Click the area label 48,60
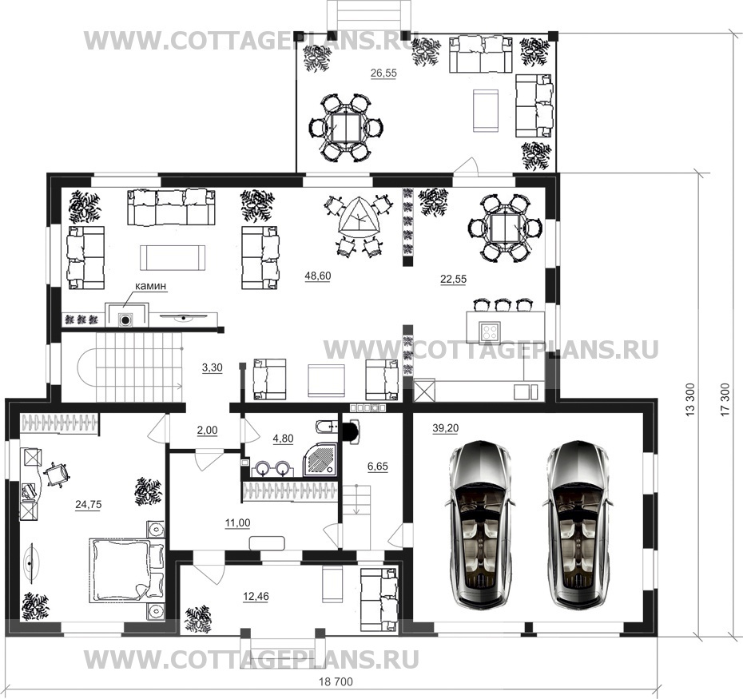(x=318, y=276)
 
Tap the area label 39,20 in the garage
(x=446, y=428)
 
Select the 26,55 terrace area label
(x=383, y=73)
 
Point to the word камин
(x=151, y=286)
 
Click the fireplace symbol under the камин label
(x=125, y=320)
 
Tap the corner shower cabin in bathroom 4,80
(x=320, y=459)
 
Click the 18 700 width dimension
(x=336, y=682)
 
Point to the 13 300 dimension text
(x=690, y=399)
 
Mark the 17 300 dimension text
(x=725, y=399)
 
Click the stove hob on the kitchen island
(x=490, y=330)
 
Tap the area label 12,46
(x=256, y=597)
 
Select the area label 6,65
(x=378, y=467)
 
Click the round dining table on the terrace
(x=348, y=128)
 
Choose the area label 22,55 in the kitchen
(x=454, y=280)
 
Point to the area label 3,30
(x=213, y=367)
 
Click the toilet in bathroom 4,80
(x=326, y=427)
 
